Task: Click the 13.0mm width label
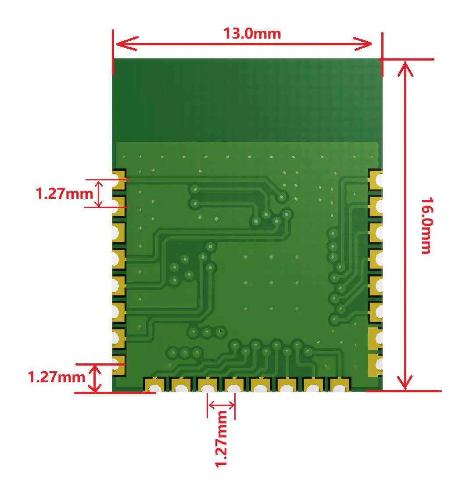[252, 33]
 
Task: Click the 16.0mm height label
[426, 225]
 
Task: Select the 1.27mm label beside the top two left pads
[64, 194]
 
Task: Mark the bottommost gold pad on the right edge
[375, 365]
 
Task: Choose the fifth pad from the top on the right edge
[375, 286]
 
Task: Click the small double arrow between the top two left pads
[99, 194]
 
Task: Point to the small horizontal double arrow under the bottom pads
[221, 404]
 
